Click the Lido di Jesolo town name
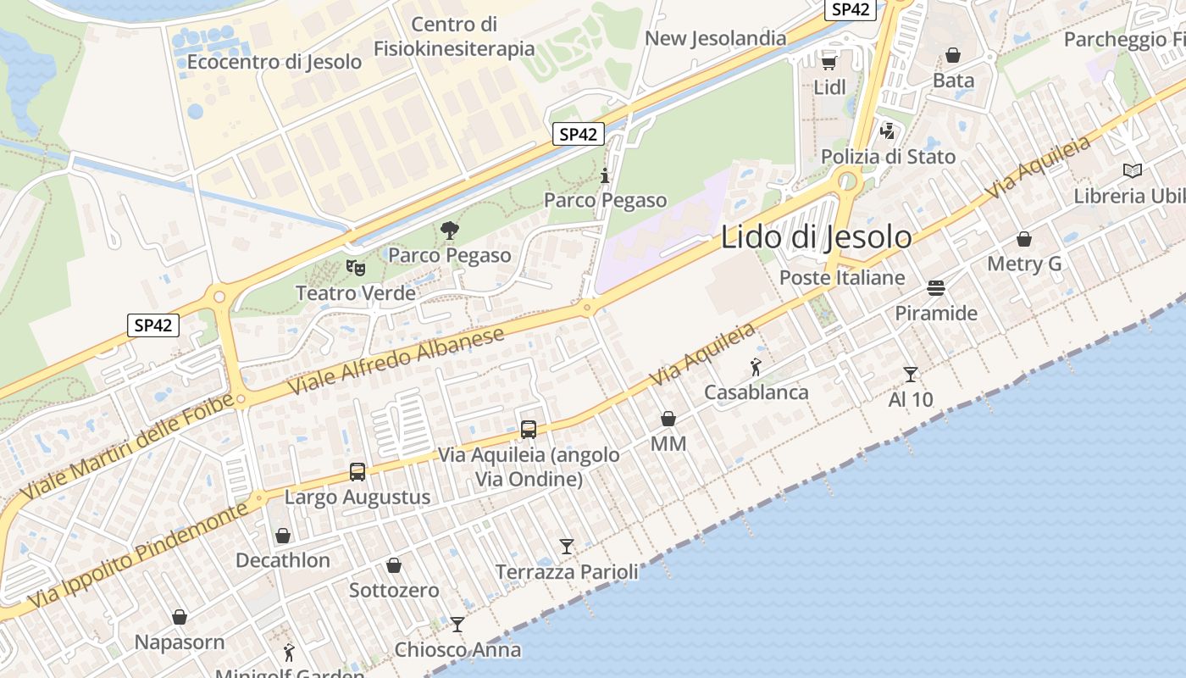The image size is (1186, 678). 816,237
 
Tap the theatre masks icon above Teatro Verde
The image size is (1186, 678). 356,268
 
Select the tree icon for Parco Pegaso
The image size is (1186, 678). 450,230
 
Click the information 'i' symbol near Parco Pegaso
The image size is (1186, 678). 605,176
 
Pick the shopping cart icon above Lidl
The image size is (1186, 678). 829,62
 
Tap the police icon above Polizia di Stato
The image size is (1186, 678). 888,131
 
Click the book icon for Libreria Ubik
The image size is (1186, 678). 1133,170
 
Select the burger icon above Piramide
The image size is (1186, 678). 936,288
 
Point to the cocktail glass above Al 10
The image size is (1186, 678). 911,374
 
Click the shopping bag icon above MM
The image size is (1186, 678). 668,419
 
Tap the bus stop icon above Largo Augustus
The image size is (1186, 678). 357,472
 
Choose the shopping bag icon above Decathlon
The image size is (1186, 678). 283,536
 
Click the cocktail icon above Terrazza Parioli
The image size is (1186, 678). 567,547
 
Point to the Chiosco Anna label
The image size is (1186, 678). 457,650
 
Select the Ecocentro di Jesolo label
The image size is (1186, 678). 274,62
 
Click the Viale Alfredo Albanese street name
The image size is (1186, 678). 396,359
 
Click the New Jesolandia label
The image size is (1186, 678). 716,38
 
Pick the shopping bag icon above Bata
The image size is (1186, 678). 953,55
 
